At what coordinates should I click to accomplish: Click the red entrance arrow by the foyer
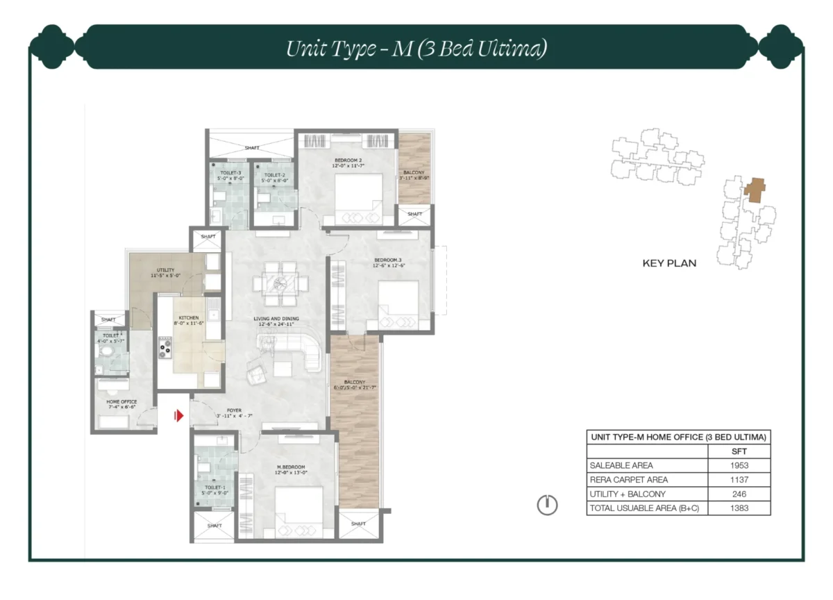(x=178, y=416)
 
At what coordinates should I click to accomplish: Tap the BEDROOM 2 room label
(x=347, y=160)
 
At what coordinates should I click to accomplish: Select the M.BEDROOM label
(x=291, y=467)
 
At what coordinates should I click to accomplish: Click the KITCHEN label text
(x=187, y=318)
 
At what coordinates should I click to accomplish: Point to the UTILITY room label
(x=165, y=270)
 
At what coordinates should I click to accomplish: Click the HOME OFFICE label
(x=121, y=402)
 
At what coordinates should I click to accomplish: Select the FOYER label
(x=233, y=410)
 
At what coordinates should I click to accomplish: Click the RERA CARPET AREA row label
(x=628, y=480)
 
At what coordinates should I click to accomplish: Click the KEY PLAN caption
(x=669, y=263)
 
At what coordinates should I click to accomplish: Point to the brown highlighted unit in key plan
(x=754, y=187)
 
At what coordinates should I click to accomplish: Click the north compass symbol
(x=547, y=506)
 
